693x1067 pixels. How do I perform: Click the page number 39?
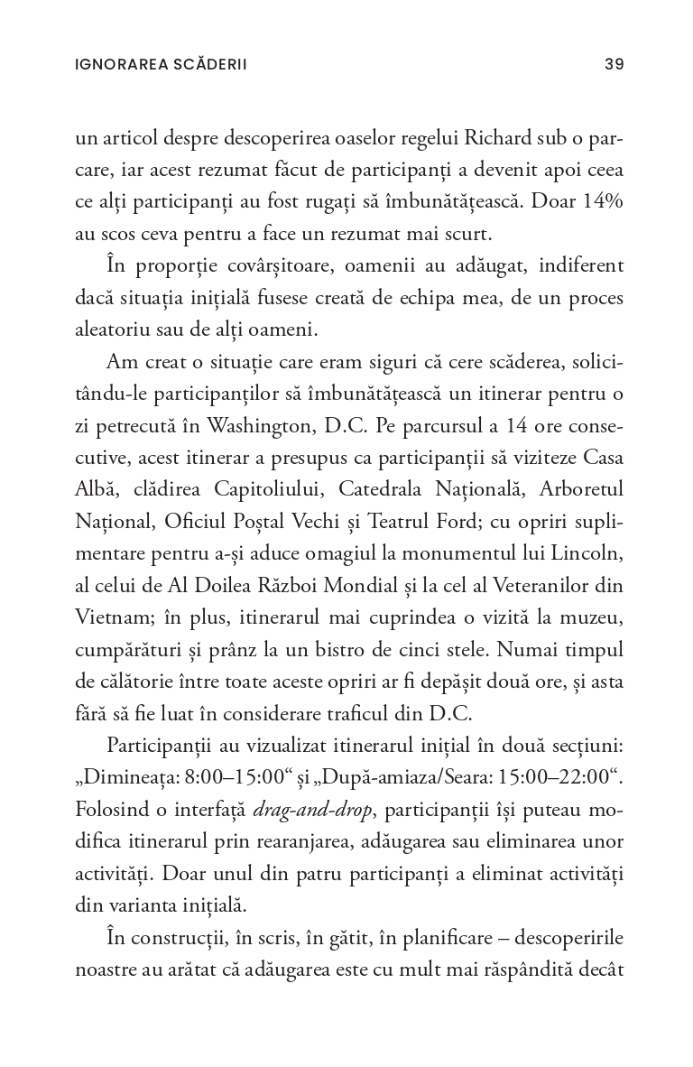click(614, 64)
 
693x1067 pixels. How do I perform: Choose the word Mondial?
click(338, 584)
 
